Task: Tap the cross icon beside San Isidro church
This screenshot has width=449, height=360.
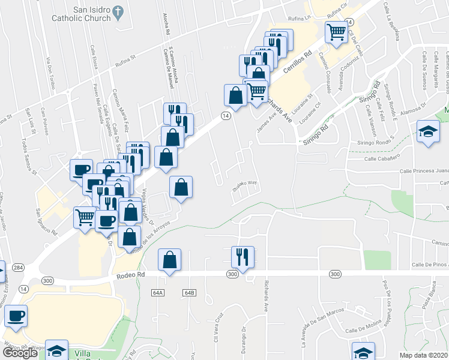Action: (x=118, y=11)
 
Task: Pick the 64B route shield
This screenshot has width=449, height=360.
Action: (x=190, y=292)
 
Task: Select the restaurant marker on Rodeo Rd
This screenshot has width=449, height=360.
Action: (x=243, y=257)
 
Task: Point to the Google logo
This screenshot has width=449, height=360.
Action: (x=20, y=353)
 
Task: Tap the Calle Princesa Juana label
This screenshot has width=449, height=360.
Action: (x=424, y=171)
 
